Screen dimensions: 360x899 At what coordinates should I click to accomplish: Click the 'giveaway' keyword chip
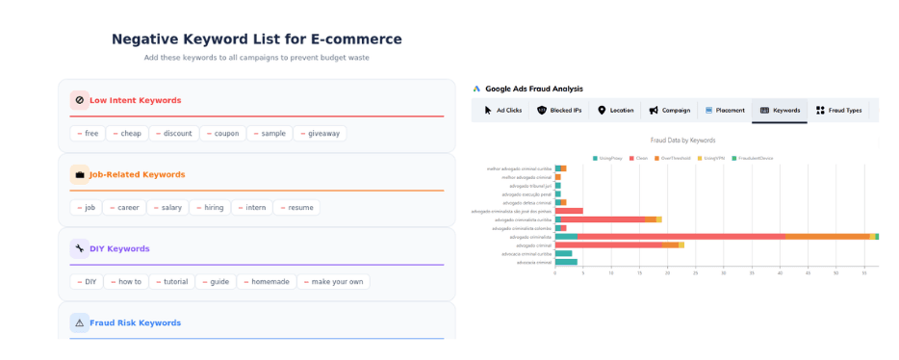click(320, 134)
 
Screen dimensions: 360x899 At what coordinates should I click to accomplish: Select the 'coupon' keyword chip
click(223, 134)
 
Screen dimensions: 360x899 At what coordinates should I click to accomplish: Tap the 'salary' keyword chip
click(167, 208)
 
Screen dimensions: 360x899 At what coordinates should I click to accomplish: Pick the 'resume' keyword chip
click(297, 208)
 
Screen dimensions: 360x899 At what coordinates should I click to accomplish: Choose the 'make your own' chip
click(333, 282)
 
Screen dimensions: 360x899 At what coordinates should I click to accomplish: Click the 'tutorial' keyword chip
click(171, 282)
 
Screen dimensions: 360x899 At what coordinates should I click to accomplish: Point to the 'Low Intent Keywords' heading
click(135, 100)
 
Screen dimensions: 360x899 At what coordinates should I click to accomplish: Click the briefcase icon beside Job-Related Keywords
click(79, 175)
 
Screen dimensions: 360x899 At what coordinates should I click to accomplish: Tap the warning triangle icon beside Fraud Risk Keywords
click(79, 323)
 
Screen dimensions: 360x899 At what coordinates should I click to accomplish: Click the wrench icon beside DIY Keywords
click(79, 249)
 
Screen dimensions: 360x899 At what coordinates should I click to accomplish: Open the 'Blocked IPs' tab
click(559, 111)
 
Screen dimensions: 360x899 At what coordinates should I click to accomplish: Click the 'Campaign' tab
click(669, 111)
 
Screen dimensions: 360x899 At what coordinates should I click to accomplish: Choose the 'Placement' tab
click(724, 111)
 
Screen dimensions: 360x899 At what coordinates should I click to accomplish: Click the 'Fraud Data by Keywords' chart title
click(682, 141)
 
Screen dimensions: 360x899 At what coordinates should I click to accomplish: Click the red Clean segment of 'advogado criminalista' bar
click(681, 236)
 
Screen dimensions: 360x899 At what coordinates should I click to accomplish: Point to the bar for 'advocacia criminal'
click(566, 262)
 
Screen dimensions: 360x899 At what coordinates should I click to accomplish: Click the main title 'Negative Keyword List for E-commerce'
click(256, 39)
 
